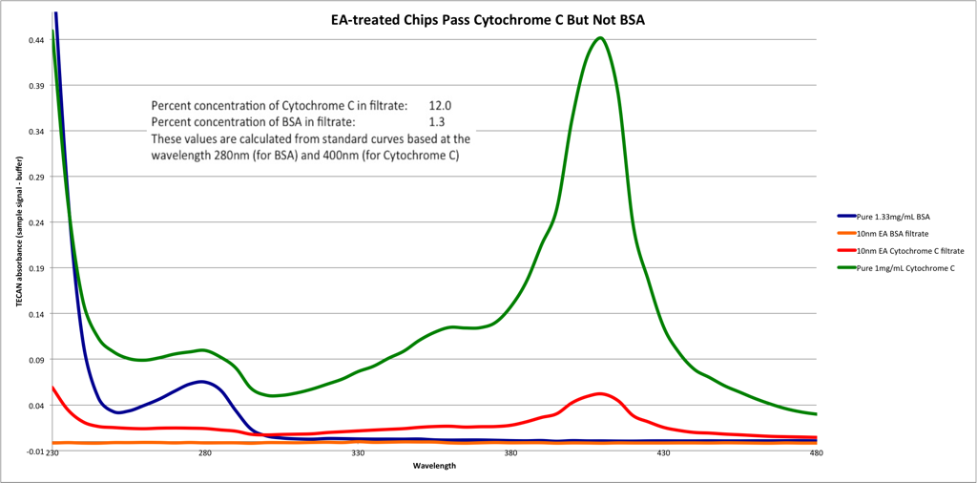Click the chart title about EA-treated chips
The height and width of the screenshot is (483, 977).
tap(488, 20)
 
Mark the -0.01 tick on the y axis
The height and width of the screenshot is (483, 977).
tap(34, 451)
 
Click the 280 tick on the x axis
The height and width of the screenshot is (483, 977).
tap(204, 455)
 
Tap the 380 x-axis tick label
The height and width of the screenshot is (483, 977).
tap(510, 455)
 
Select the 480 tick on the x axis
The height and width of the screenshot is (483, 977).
tap(816, 455)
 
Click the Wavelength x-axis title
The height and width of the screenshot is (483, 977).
tap(434, 467)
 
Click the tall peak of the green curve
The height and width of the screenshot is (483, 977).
tap(599, 38)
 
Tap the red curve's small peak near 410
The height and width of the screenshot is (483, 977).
tap(599, 393)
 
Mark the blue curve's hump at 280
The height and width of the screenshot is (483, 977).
tap(201, 382)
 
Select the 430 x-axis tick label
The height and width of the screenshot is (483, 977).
tap(663, 455)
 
